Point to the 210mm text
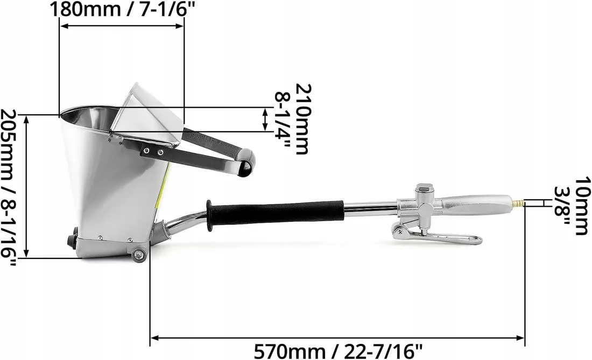click(x=304, y=119)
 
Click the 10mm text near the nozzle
click(x=582, y=206)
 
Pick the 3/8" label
click(x=562, y=206)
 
